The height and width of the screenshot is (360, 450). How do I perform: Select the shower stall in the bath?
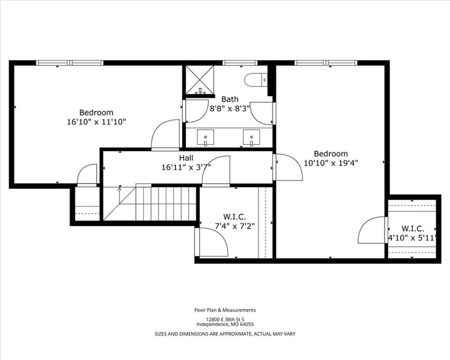(x=200, y=80)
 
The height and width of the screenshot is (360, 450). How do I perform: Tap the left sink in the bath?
(x=205, y=138)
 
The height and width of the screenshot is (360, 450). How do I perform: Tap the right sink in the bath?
(x=251, y=138)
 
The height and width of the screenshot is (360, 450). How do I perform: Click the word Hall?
(x=186, y=158)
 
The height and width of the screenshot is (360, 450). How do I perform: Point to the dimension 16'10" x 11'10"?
(x=97, y=121)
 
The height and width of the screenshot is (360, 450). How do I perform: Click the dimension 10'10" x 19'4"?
(x=331, y=163)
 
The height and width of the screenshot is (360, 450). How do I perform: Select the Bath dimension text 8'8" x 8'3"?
(x=230, y=107)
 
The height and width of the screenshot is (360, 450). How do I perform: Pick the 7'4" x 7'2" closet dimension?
(x=234, y=226)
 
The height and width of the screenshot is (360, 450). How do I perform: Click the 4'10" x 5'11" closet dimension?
(x=412, y=238)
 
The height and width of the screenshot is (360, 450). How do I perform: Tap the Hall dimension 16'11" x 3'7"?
(x=186, y=166)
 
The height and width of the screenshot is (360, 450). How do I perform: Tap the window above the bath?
(x=240, y=63)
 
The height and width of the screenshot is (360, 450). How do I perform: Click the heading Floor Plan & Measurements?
(x=225, y=310)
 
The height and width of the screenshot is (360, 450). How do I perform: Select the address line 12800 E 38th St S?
(x=225, y=319)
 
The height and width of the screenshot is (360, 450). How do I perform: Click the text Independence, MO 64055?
(x=225, y=324)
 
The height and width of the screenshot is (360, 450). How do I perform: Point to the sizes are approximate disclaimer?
(x=225, y=334)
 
